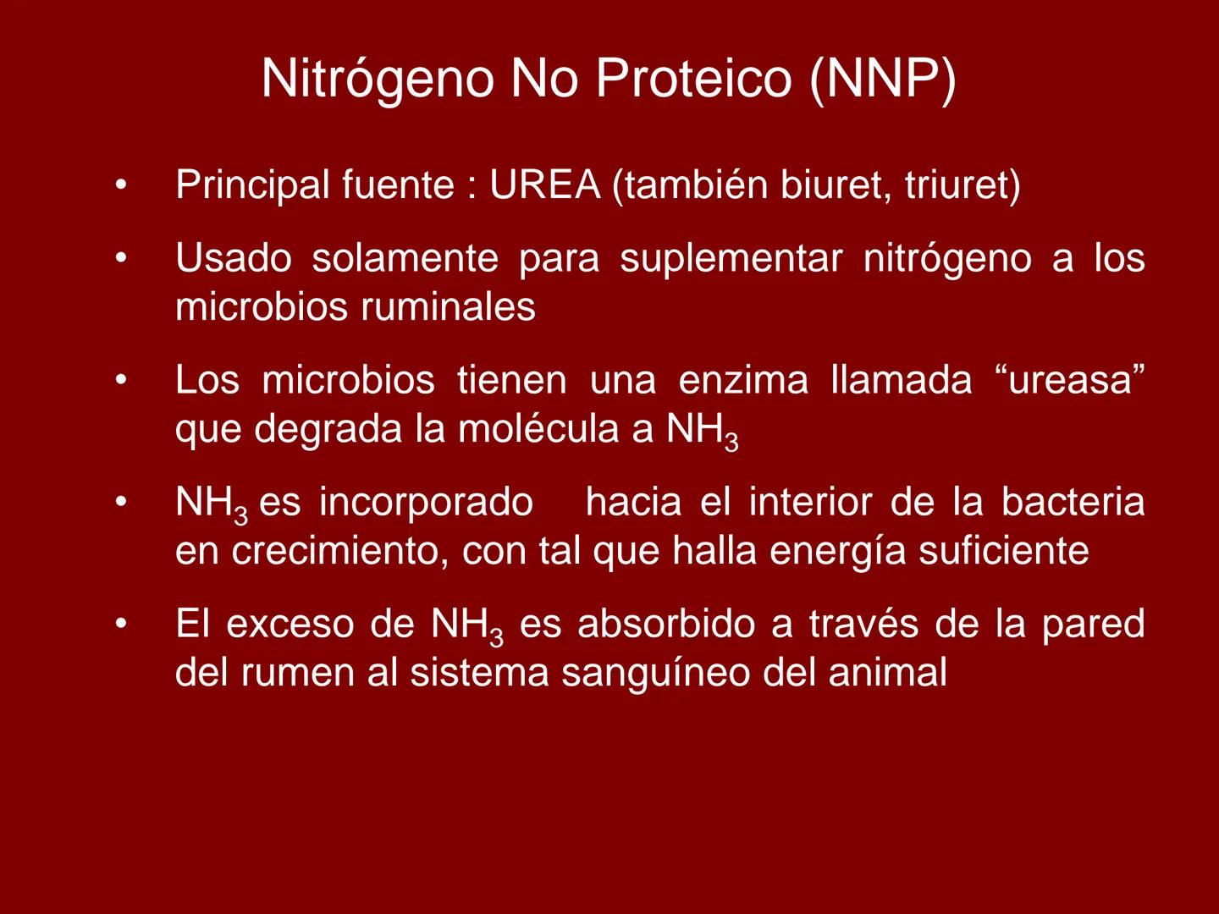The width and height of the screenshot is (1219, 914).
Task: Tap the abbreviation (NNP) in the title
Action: tap(883, 79)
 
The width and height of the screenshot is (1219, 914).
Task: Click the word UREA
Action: tap(544, 185)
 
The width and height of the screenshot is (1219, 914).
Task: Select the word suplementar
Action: tap(731, 258)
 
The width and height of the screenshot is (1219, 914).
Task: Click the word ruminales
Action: tap(448, 306)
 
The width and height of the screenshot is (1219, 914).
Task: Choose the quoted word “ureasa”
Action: tap(1069, 380)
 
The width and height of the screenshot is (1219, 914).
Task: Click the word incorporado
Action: tap(426, 502)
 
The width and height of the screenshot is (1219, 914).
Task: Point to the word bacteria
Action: tap(1073, 502)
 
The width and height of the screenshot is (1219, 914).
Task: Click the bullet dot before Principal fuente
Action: tap(122, 185)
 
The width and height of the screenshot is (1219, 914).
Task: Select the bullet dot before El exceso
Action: tap(122, 625)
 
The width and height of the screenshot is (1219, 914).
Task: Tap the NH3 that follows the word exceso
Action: tap(466, 626)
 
